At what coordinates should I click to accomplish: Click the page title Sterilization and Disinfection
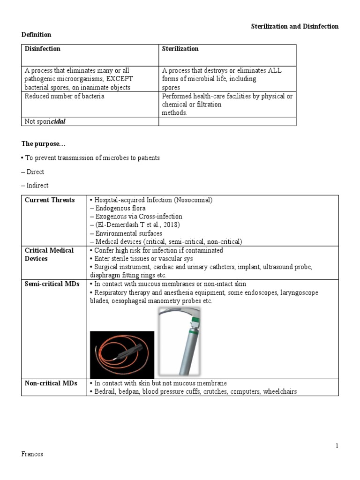(x=294, y=26)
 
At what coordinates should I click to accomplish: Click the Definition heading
(x=36, y=35)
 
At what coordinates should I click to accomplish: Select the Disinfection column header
(x=43, y=49)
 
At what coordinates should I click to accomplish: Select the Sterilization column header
(x=180, y=49)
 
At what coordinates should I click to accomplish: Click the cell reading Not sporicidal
(x=45, y=121)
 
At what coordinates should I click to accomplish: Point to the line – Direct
(x=35, y=172)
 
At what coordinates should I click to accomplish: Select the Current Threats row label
(x=50, y=200)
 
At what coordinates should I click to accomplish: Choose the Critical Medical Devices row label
(x=49, y=254)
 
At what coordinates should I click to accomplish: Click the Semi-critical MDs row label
(x=52, y=284)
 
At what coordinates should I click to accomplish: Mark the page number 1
(x=337, y=446)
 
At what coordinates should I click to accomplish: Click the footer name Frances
(x=32, y=454)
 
